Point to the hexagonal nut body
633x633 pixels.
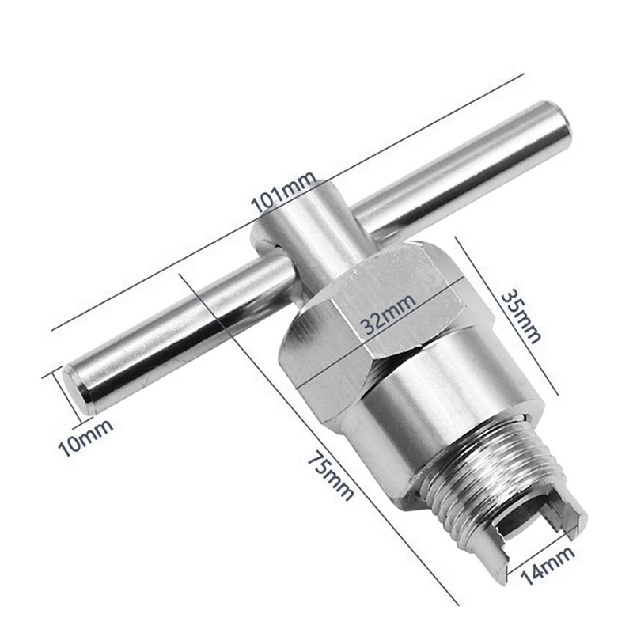point(372,316)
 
